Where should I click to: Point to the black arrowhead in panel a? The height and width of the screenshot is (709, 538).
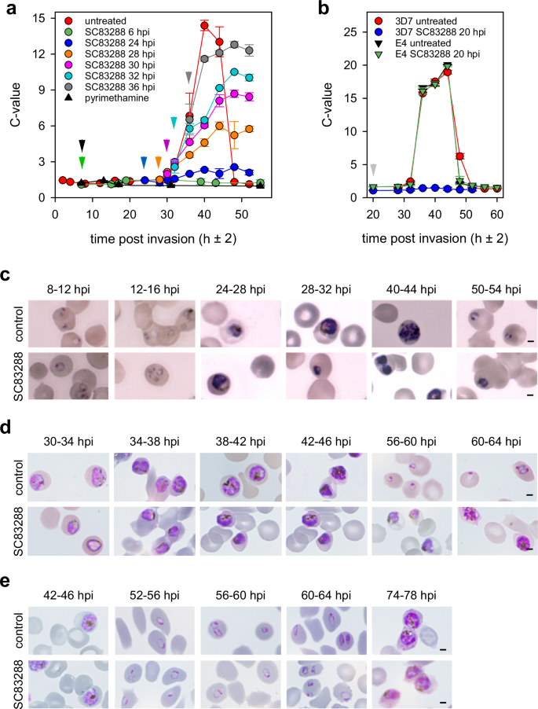pos(82,145)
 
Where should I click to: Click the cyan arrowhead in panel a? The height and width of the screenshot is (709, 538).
pos(174,122)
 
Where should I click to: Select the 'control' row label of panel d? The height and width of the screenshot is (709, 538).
pos(16,475)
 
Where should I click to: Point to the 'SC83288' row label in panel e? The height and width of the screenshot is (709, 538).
pos(16,681)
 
